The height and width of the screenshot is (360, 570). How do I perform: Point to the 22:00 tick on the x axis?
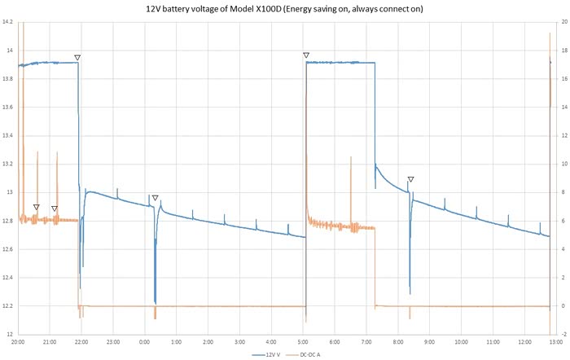[81, 343]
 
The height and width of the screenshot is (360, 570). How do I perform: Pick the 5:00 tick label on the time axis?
[302, 343]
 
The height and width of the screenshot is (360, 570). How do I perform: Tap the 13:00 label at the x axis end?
[554, 343]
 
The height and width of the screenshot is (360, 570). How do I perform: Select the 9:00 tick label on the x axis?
[428, 343]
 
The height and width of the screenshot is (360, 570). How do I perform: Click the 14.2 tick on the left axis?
[7, 22]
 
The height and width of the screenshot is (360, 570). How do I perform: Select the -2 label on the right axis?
[563, 335]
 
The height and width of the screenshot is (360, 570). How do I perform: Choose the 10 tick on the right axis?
[563, 164]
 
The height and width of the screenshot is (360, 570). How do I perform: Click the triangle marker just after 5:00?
[306, 55]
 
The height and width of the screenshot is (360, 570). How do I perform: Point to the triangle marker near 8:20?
[410, 179]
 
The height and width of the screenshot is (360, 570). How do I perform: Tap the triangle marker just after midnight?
[155, 198]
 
